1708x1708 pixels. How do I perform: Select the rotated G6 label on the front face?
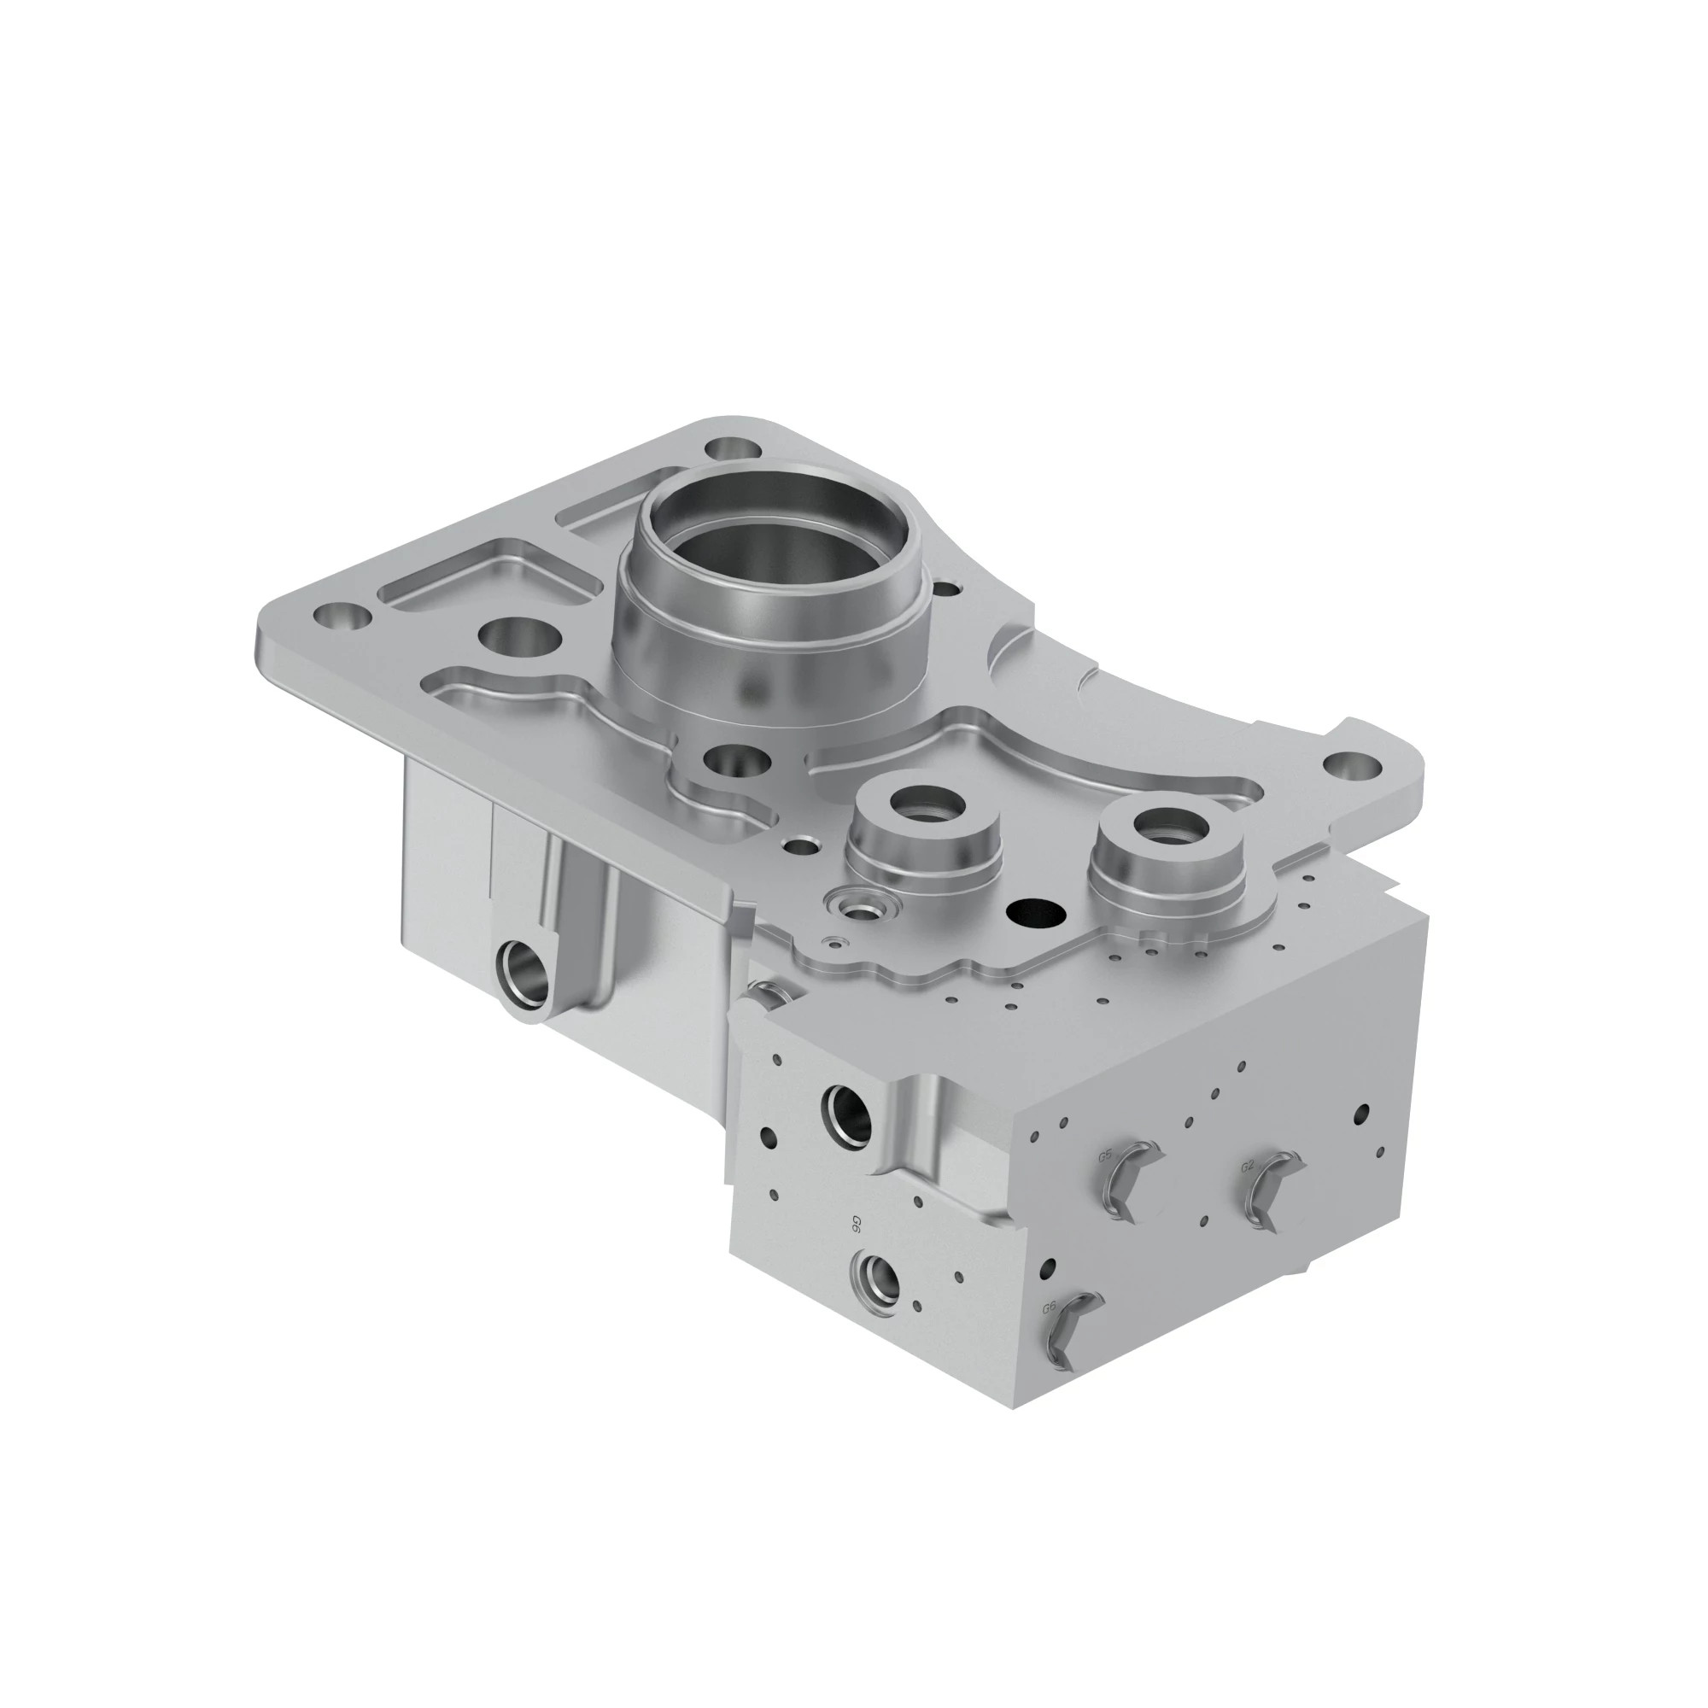(856, 1224)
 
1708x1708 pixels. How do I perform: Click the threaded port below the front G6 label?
(875, 1277)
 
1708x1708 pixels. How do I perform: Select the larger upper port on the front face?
(847, 1109)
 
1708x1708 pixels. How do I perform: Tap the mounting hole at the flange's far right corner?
(1352, 765)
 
